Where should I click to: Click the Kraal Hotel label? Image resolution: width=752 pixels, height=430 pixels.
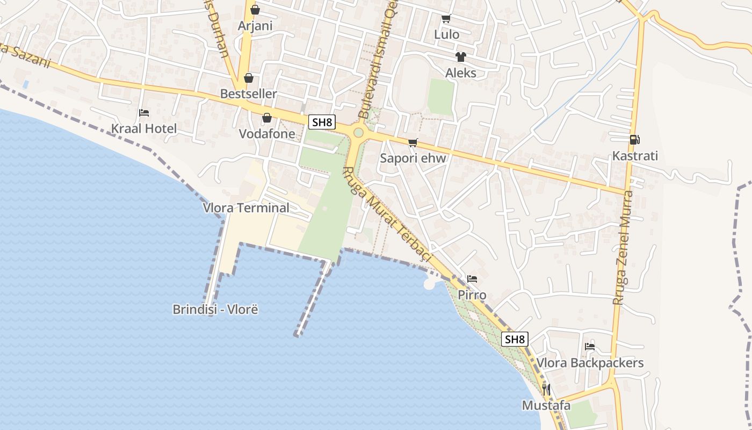pyautogui.click(x=143, y=128)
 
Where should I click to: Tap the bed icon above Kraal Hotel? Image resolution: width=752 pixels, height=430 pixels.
pyautogui.click(x=144, y=113)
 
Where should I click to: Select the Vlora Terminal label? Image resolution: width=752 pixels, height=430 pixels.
pyautogui.click(x=245, y=207)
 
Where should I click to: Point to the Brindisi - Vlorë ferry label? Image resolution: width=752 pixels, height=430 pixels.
pyautogui.click(x=215, y=310)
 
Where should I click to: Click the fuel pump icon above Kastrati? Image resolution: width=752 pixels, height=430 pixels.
pyautogui.click(x=634, y=140)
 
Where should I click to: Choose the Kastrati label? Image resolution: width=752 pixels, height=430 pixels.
pyautogui.click(x=635, y=156)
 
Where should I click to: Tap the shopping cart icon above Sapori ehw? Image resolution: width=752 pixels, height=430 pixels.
pyautogui.click(x=413, y=142)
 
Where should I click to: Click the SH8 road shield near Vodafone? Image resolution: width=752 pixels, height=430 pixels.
pyautogui.click(x=322, y=122)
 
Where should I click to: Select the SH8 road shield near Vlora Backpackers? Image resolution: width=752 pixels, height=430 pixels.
pyautogui.click(x=515, y=339)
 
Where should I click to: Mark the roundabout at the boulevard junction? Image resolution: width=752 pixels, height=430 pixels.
pyautogui.click(x=358, y=132)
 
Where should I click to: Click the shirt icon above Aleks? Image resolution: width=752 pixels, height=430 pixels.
pyautogui.click(x=460, y=56)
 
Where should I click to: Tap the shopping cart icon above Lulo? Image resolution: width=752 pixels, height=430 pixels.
pyautogui.click(x=446, y=19)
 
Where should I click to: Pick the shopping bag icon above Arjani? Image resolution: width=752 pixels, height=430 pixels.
pyautogui.click(x=255, y=10)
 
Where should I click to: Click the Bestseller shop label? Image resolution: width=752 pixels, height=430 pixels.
pyautogui.click(x=248, y=94)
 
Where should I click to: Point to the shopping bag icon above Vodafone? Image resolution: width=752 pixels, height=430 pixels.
pyautogui.click(x=266, y=118)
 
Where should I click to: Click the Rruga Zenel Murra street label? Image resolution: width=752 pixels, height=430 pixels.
pyautogui.click(x=623, y=247)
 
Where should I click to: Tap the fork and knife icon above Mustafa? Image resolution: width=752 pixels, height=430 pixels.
pyautogui.click(x=546, y=389)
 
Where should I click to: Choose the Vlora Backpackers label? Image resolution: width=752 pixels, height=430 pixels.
pyautogui.click(x=590, y=363)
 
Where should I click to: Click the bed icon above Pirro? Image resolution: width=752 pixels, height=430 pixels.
pyautogui.click(x=472, y=278)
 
